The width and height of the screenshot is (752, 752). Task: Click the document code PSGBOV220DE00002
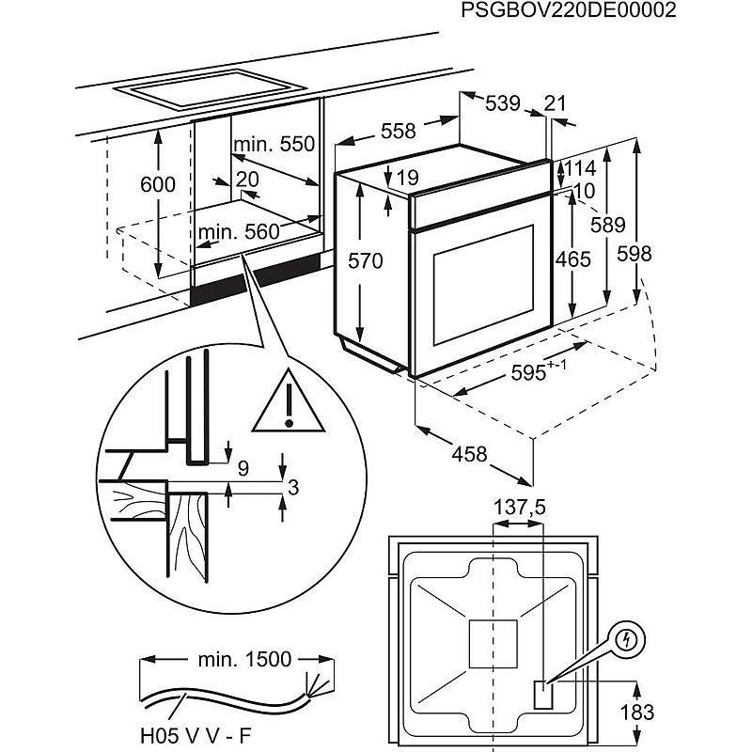[569, 10]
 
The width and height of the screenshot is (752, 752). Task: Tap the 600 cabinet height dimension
[158, 184]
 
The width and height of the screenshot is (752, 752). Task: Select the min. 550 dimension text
[274, 144]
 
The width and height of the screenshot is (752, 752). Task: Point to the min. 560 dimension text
[239, 232]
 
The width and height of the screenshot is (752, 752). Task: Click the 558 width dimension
[398, 131]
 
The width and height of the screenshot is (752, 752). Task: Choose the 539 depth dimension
[503, 103]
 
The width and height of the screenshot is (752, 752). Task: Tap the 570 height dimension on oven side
[366, 261]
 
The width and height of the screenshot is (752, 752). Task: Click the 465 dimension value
[573, 259]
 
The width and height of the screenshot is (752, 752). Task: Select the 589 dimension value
[607, 225]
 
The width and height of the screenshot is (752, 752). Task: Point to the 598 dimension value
[634, 254]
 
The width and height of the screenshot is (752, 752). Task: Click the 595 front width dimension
[539, 370]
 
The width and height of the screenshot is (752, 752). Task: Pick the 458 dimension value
[469, 454]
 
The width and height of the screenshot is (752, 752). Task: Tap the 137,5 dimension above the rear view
[520, 508]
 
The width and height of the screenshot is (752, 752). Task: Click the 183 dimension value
[637, 713]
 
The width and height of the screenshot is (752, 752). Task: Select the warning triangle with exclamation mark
[289, 401]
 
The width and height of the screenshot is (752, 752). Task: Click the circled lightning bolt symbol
[626, 639]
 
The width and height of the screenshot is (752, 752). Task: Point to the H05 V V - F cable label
[196, 735]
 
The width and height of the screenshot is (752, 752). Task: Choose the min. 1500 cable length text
[244, 660]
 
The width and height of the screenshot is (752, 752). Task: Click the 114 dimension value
[580, 169]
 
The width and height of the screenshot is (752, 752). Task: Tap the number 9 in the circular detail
[243, 468]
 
